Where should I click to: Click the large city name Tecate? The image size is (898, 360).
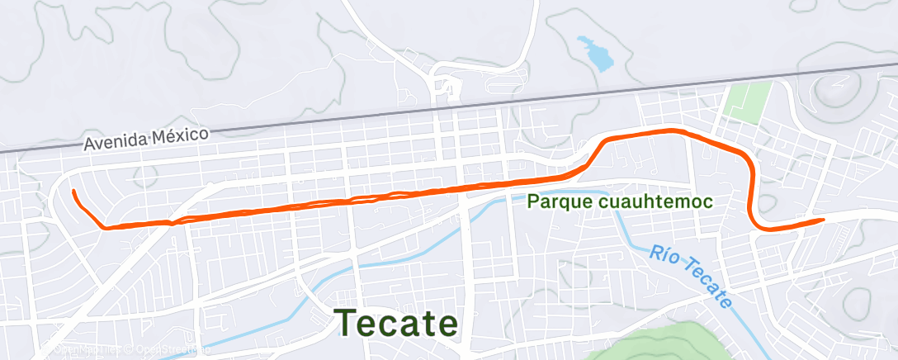pos(396,322)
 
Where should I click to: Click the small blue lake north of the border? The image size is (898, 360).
pos(596,52)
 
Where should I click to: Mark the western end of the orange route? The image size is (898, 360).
pos(74,192)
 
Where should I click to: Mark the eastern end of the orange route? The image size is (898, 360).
pos(824,220)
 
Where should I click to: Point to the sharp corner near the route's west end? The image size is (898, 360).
pos(104,227)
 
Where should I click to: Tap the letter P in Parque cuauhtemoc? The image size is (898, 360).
pos(532,201)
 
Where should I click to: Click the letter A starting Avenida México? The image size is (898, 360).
pos(88,145)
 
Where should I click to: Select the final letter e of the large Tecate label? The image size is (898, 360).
pos(447,324)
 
